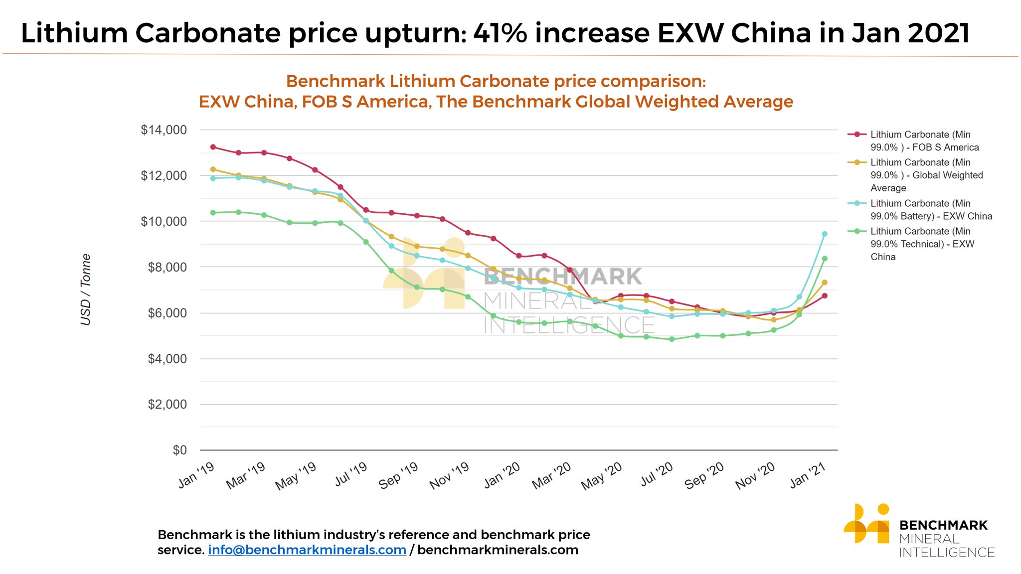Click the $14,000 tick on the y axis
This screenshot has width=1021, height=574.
coord(164,130)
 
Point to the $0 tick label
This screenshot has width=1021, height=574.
coord(179,450)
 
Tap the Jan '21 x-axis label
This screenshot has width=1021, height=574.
coord(808,475)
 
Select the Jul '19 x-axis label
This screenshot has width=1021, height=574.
coord(350,474)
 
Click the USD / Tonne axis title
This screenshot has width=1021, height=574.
coord(86,289)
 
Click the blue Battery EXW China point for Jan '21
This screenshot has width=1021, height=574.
coord(825,234)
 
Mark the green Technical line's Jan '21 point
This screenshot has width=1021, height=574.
coord(825,259)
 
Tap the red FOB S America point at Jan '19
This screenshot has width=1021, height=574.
coord(213,147)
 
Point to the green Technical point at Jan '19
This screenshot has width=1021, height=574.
coord(213,213)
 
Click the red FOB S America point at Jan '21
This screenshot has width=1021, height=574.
coord(825,296)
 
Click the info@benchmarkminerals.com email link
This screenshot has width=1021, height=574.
coord(307,550)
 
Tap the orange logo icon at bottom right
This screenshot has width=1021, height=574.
coord(866,524)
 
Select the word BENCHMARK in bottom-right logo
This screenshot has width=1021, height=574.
coord(943,525)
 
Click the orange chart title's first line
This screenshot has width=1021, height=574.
coord(496,81)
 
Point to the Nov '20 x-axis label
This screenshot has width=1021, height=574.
coord(755,475)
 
